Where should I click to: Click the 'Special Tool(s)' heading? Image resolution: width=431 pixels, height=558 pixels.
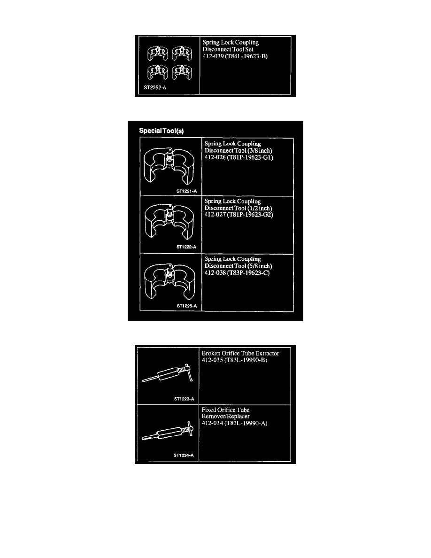[x=161, y=131]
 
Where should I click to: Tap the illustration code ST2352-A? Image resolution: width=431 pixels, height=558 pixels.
[x=154, y=87]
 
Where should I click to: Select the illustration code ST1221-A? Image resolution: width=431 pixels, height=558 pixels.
[x=186, y=191]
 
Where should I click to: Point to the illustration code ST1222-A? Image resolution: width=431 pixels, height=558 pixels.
[x=186, y=247]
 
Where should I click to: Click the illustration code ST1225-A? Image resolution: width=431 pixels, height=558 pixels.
[x=187, y=306]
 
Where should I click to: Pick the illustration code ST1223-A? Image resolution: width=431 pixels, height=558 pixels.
[x=184, y=399]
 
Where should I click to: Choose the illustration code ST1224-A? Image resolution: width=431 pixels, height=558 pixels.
[x=184, y=456]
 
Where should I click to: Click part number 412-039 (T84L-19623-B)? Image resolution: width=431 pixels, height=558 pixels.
[x=235, y=56]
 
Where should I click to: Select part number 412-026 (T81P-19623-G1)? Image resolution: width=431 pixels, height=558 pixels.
[x=239, y=157]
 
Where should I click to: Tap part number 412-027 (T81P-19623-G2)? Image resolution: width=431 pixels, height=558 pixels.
[x=239, y=215]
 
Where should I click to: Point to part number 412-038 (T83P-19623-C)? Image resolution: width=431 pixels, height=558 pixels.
[x=237, y=273]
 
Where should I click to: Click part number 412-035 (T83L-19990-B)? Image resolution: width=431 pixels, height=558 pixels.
[x=234, y=360]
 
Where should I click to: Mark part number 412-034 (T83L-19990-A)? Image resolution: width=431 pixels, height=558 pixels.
[x=234, y=424]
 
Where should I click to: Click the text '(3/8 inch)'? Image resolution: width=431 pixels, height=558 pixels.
[x=260, y=150]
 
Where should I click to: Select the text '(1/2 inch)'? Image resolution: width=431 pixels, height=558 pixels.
[x=260, y=208]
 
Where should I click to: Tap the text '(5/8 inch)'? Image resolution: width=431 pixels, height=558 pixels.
[x=260, y=266]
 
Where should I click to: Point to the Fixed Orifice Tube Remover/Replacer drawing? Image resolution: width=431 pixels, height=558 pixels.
[x=168, y=431]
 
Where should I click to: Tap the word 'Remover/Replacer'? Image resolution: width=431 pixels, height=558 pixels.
[x=225, y=416]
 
